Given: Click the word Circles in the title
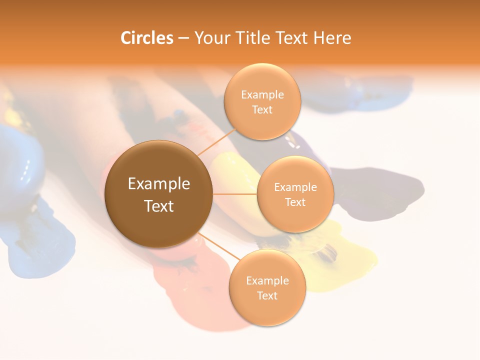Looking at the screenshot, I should point(146,38).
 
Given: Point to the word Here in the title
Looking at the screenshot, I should point(332,38).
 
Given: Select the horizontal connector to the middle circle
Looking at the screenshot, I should point(235,194).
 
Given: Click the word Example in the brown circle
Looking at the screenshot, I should point(159,184).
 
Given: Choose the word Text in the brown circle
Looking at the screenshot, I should point(159,206).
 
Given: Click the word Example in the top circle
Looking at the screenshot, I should point(262,94).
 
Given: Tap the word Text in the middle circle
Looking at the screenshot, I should point(295,202).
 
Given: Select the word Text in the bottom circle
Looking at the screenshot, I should point(267,295).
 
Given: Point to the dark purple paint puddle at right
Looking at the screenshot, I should point(380,190).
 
